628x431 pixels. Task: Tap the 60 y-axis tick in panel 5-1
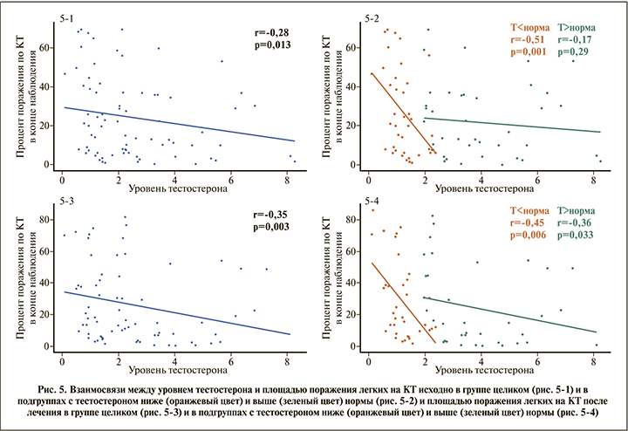click(x=47, y=48)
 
